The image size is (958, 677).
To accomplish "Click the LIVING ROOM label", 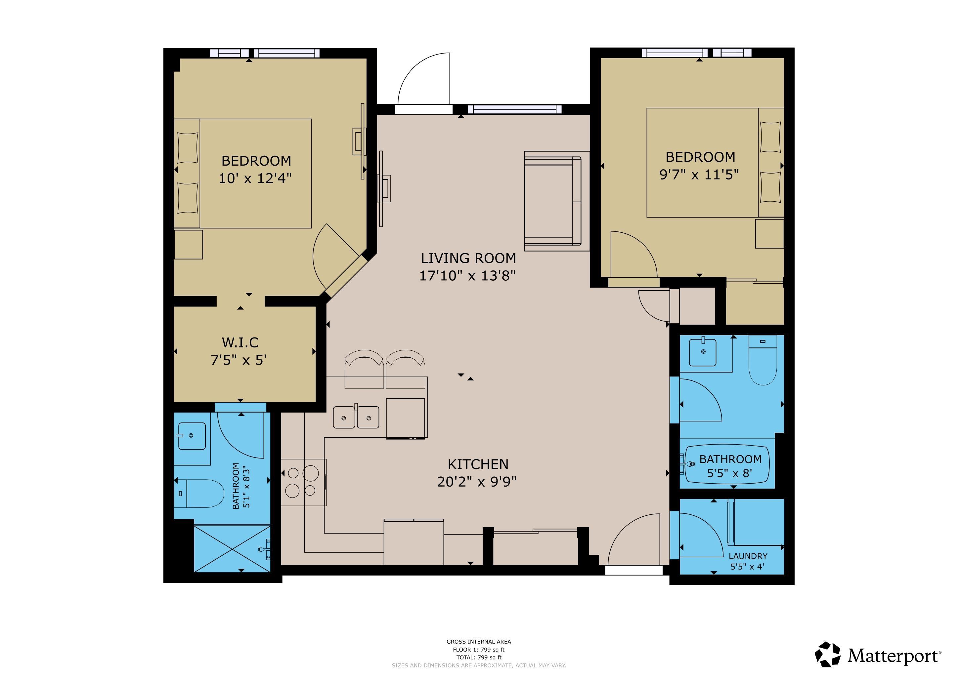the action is [468, 259].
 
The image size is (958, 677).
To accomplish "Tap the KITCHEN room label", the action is [478, 464].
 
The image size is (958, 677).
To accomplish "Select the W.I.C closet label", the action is [240, 343].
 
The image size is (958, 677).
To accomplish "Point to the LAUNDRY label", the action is [748, 556].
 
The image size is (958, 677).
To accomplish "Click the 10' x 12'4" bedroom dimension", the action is [255, 179].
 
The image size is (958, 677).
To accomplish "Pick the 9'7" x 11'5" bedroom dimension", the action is [699, 174].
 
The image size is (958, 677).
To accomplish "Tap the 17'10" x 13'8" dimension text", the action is [468, 276].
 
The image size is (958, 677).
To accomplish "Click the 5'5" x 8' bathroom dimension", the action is [730, 473].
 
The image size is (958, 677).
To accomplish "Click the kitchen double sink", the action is [356, 417].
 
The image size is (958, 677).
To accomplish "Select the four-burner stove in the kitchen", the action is [303, 482].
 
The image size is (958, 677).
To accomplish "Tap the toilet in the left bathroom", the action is [199, 494].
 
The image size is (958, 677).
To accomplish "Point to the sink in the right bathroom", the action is [703, 353].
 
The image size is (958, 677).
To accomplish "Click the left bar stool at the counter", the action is [364, 369].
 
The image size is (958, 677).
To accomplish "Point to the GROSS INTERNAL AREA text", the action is [479, 642].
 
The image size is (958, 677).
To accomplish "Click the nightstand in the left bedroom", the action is [188, 244].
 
